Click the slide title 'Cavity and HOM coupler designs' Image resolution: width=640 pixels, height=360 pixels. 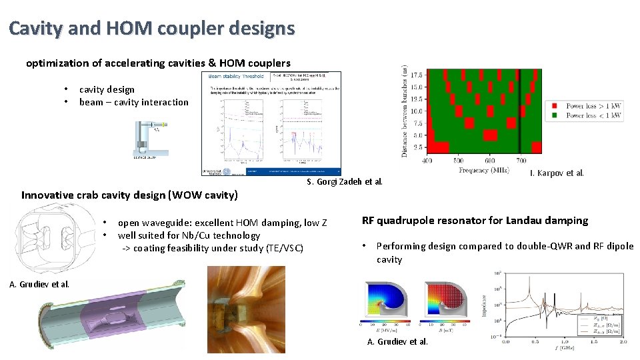point(151,29)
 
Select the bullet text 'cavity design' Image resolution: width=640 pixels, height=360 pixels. point(107,89)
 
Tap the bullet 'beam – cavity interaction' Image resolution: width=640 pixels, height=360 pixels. point(133,102)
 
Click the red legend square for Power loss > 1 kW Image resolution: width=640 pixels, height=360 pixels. point(553,106)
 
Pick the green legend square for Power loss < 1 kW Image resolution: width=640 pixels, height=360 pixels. point(553,115)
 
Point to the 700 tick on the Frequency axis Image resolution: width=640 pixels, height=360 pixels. point(521,160)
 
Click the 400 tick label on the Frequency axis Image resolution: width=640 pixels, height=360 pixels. point(427,160)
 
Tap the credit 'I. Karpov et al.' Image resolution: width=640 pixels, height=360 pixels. point(557,173)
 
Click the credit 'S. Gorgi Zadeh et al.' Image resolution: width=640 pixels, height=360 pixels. point(345,182)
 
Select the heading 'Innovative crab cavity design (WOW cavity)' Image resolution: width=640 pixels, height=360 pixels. point(129,195)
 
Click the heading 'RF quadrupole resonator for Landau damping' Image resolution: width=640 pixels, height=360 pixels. point(475,221)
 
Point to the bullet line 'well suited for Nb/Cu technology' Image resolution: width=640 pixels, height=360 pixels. point(189,235)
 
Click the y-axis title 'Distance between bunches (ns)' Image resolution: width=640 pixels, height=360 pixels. point(405,111)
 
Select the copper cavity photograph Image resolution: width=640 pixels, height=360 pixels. point(246,309)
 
